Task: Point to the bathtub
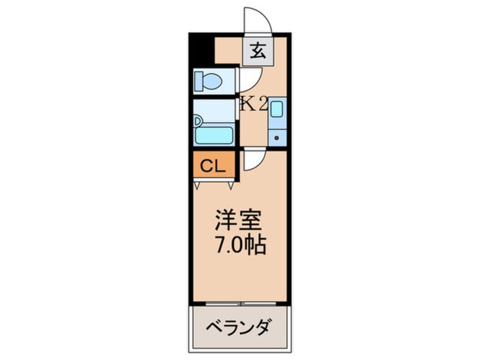(214, 135)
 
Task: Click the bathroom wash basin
(197, 121)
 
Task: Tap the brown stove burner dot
(277, 137)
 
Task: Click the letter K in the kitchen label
(247, 104)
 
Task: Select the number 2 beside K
(262, 104)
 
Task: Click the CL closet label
(213, 166)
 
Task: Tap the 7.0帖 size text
(239, 245)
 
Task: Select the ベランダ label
(239, 328)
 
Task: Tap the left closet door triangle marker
(197, 185)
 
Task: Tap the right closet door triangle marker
(231, 185)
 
